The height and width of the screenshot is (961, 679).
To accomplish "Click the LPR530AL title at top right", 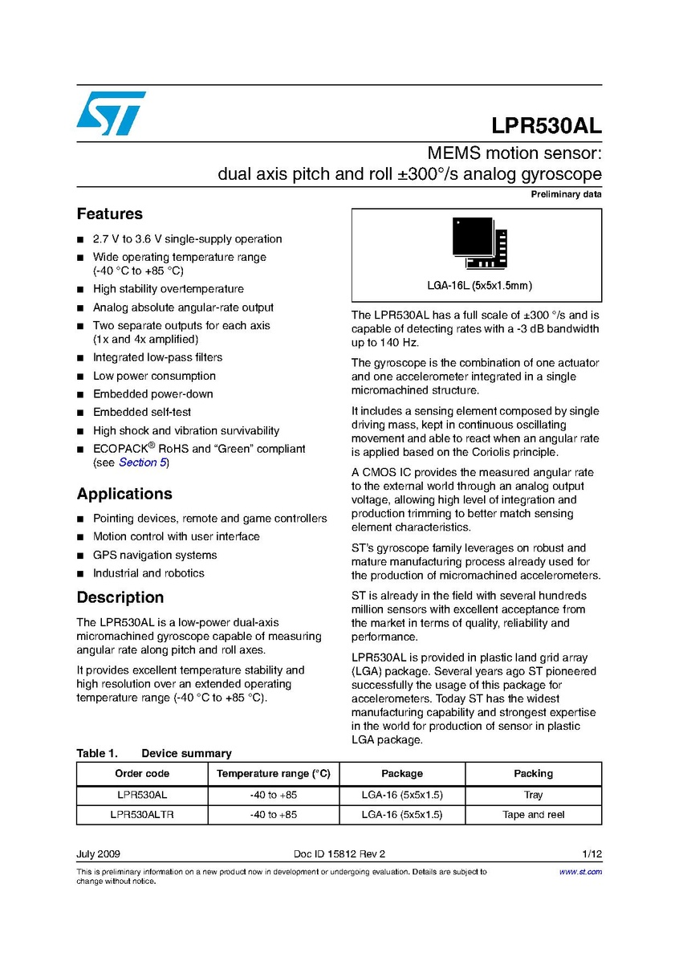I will [x=547, y=128].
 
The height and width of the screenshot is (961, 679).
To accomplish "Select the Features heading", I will [x=109, y=214].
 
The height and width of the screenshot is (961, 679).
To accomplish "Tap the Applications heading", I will [x=124, y=494].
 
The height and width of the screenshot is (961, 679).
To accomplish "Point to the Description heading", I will [x=120, y=597].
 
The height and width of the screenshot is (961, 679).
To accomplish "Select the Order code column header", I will [x=142, y=774].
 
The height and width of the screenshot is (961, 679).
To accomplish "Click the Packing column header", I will [x=533, y=774].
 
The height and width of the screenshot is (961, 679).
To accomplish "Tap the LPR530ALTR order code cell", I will [x=142, y=815].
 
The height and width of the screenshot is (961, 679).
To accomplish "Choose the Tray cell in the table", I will [x=533, y=795].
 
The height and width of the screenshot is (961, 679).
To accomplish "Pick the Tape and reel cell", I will [x=533, y=815].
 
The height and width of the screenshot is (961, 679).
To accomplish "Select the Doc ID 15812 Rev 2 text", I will [x=339, y=853].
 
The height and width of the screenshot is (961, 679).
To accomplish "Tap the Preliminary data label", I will [x=566, y=195].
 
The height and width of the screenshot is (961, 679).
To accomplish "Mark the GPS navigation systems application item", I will [x=155, y=555].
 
